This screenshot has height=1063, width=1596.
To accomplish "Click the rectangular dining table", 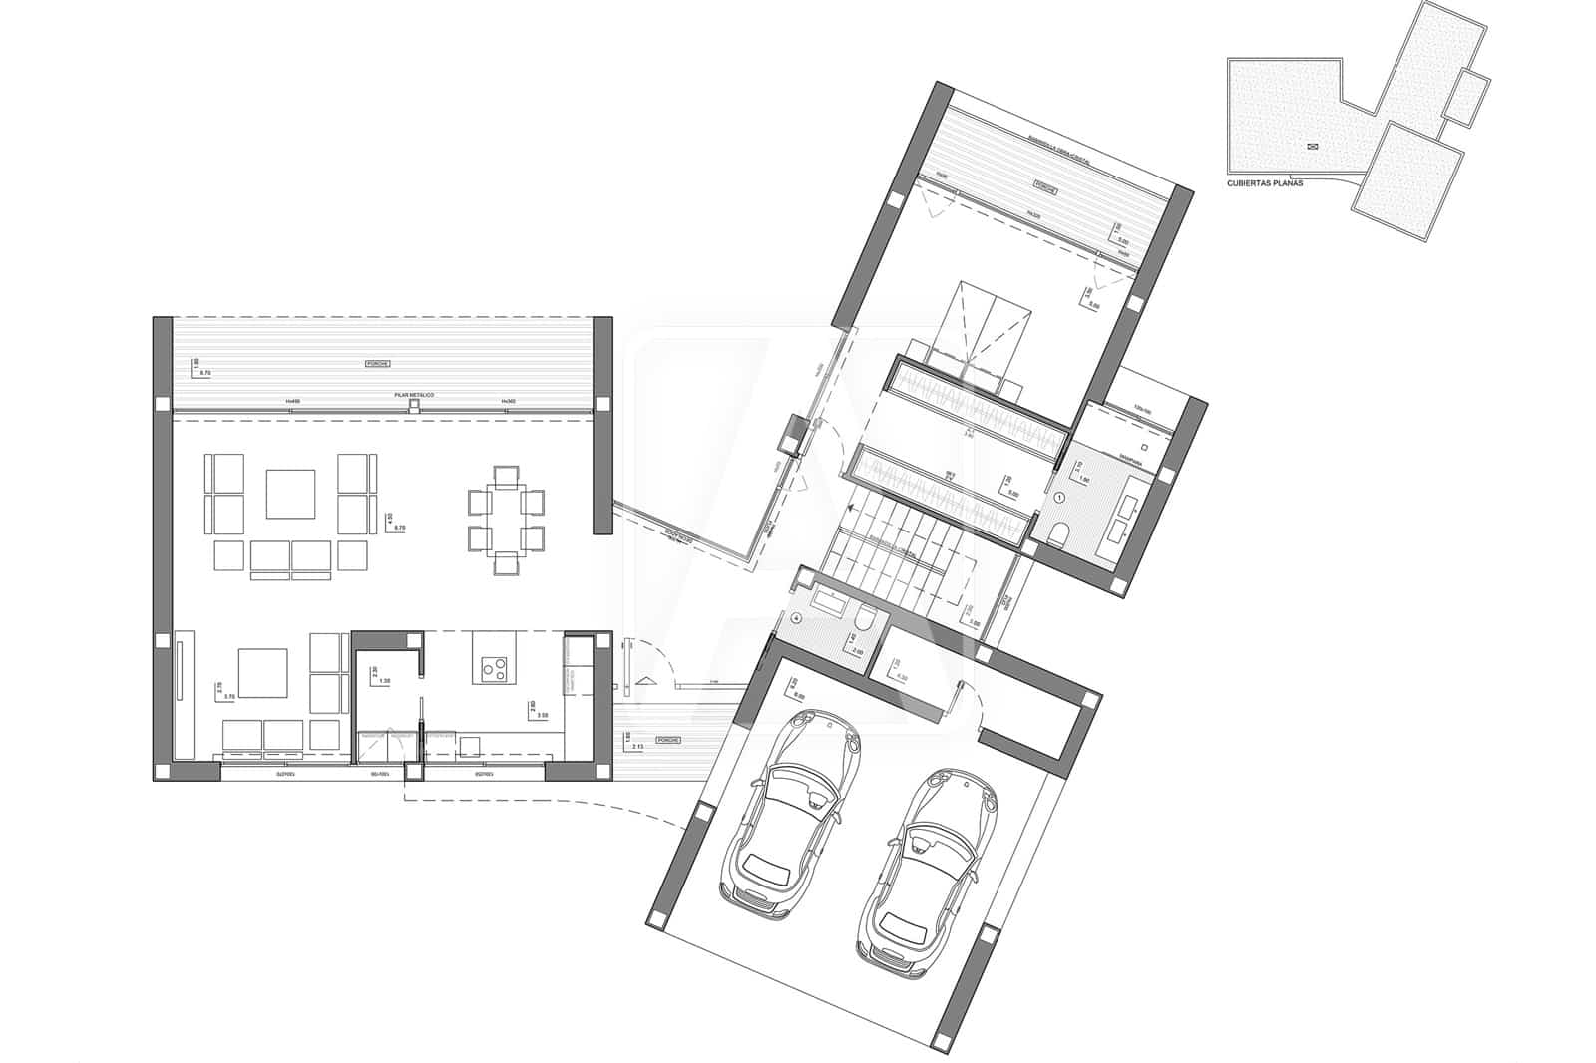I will pyautogui.click(x=507, y=519).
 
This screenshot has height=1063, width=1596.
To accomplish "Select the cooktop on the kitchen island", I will pyautogui.click(x=493, y=667).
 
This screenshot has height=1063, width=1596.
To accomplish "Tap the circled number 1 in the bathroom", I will pyautogui.click(x=1059, y=496).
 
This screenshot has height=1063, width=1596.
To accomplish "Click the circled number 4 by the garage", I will pyautogui.click(x=796, y=618).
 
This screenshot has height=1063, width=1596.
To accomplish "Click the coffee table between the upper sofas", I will pyautogui.click(x=290, y=494).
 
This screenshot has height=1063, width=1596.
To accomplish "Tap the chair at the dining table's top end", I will pyautogui.click(x=507, y=473).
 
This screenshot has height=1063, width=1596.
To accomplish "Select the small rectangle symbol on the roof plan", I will pyautogui.click(x=1312, y=147).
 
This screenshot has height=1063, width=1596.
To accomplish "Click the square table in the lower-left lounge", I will pyautogui.click(x=263, y=673).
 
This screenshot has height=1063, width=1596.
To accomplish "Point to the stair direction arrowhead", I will pyautogui.click(x=646, y=680).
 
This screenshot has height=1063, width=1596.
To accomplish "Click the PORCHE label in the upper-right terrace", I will pyautogui.click(x=1044, y=186).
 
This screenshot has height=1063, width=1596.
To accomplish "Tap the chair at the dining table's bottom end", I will pyautogui.click(x=507, y=566).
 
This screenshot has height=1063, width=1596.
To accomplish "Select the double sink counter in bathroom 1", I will pyautogui.click(x=1122, y=511).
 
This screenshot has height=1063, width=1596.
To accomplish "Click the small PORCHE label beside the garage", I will pyautogui.click(x=669, y=741).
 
